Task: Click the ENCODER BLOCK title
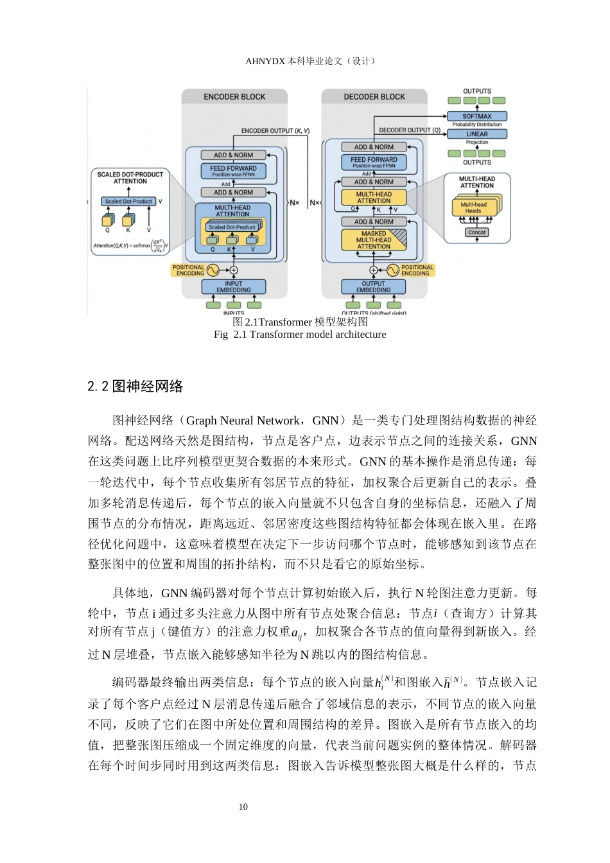234,97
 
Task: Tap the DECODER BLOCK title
374,97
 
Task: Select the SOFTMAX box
476,116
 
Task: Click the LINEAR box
476,134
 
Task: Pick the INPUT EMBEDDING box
234,286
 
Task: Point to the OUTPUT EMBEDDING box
374,286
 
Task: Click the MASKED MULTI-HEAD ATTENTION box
374,240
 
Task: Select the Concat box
476,232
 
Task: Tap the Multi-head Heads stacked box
476,207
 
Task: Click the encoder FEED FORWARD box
233,171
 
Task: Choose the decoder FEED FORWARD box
374,162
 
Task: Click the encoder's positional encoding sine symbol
213,270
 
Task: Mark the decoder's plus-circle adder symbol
374,270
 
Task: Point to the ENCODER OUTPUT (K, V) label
275,131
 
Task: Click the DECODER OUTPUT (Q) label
410,130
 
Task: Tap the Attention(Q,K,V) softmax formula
131,245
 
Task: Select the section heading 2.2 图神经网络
135,387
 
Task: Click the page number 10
243,806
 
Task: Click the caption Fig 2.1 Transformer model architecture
300,334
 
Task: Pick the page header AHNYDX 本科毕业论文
310,61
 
